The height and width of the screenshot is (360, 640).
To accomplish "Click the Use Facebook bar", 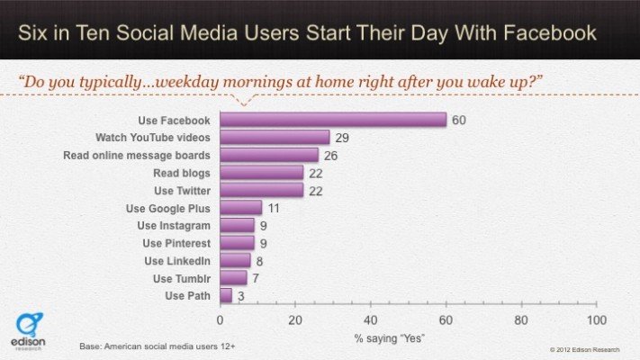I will [333, 120].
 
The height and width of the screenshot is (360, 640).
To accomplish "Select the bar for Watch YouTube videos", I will [275, 138].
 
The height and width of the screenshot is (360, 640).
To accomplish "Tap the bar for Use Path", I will [226, 295].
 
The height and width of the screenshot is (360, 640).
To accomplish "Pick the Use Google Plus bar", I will [240, 208].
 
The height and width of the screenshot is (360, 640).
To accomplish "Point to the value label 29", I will [343, 138].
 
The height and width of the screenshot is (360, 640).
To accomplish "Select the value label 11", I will [275, 208].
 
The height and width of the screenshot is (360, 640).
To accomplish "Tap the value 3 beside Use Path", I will [241, 295].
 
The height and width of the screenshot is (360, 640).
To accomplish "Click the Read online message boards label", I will [138, 155].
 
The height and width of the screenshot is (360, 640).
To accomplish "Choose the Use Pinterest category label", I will [176, 243].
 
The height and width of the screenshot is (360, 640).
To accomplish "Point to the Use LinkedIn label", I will [177, 260].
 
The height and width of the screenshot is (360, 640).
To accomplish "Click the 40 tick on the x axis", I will [370, 319].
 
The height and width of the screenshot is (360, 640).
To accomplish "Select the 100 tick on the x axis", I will [595, 319].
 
